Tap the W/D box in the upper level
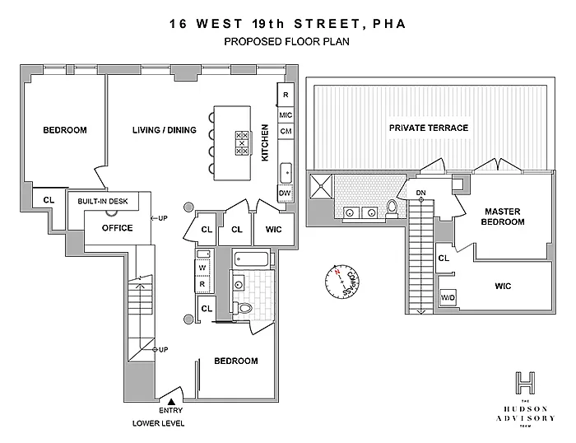tap(449, 297)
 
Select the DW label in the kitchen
tap(286, 193)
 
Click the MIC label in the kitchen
tap(286, 114)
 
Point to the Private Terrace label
tap(429, 128)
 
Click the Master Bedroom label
tap(504, 217)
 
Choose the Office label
tap(116, 228)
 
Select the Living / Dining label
tap(165, 130)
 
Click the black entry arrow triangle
tap(171, 400)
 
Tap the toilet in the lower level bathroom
tap(244, 308)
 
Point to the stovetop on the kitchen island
tap(243, 143)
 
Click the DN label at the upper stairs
tap(420, 194)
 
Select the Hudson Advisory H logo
tap(525, 384)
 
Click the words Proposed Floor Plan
tap(287, 41)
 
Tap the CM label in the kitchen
tap(286, 132)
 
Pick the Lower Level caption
tap(158, 423)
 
